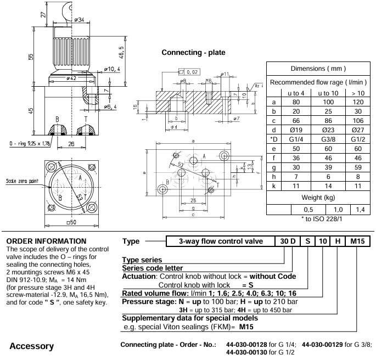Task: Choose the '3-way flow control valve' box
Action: point(223,241)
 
